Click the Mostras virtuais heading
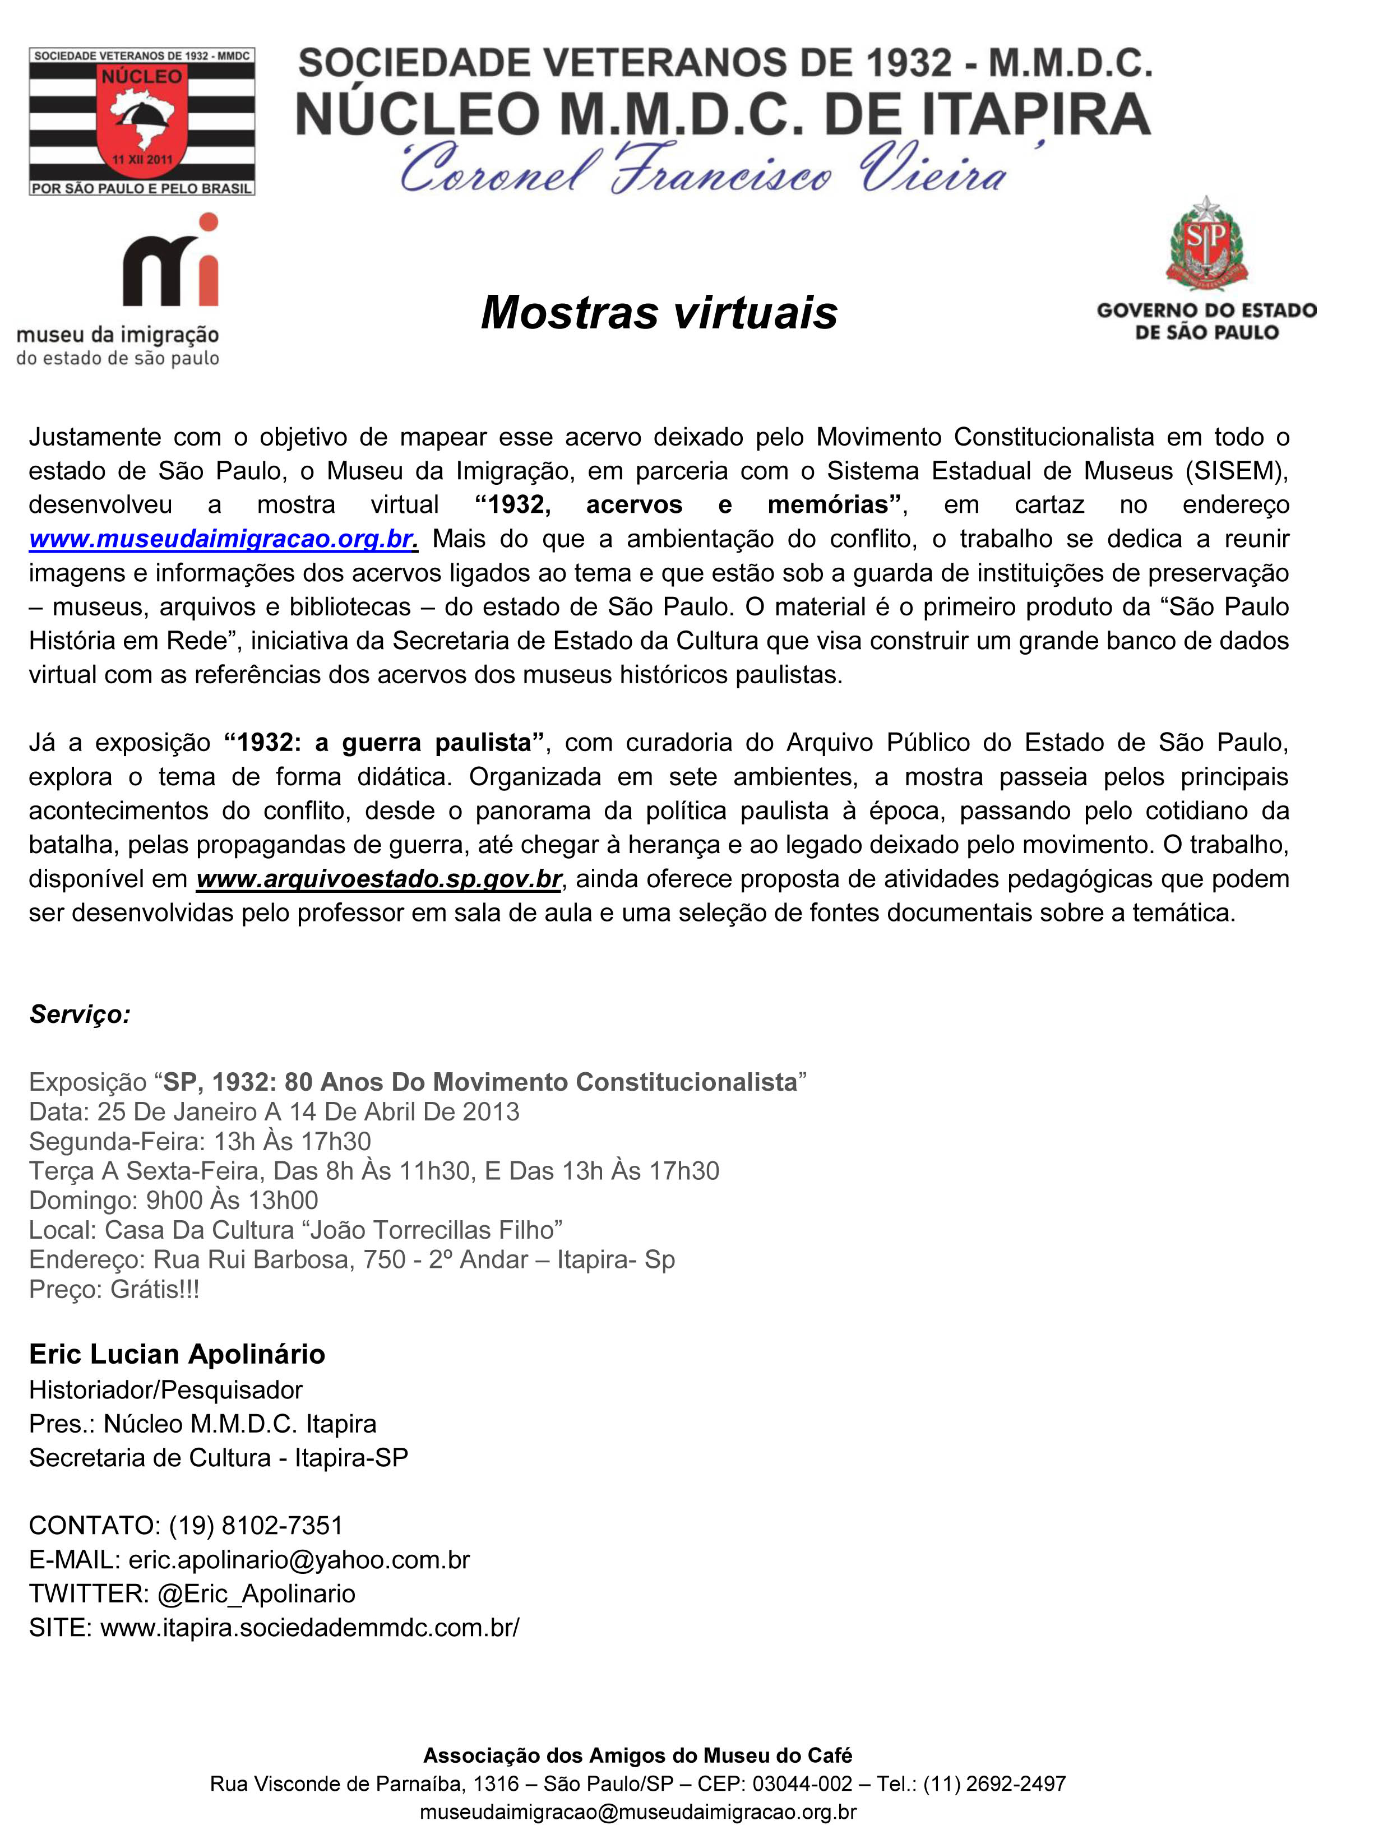click(x=659, y=313)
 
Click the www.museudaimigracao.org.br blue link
click(x=221, y=539)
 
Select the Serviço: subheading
click(x=80, y=1014)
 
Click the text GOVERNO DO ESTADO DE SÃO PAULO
click(x=1207, y=321)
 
